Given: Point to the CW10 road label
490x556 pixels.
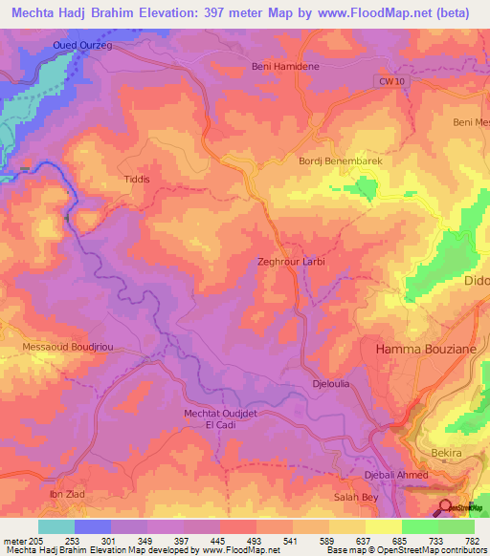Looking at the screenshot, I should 386,85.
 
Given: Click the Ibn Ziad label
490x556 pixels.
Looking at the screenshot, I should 66,494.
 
